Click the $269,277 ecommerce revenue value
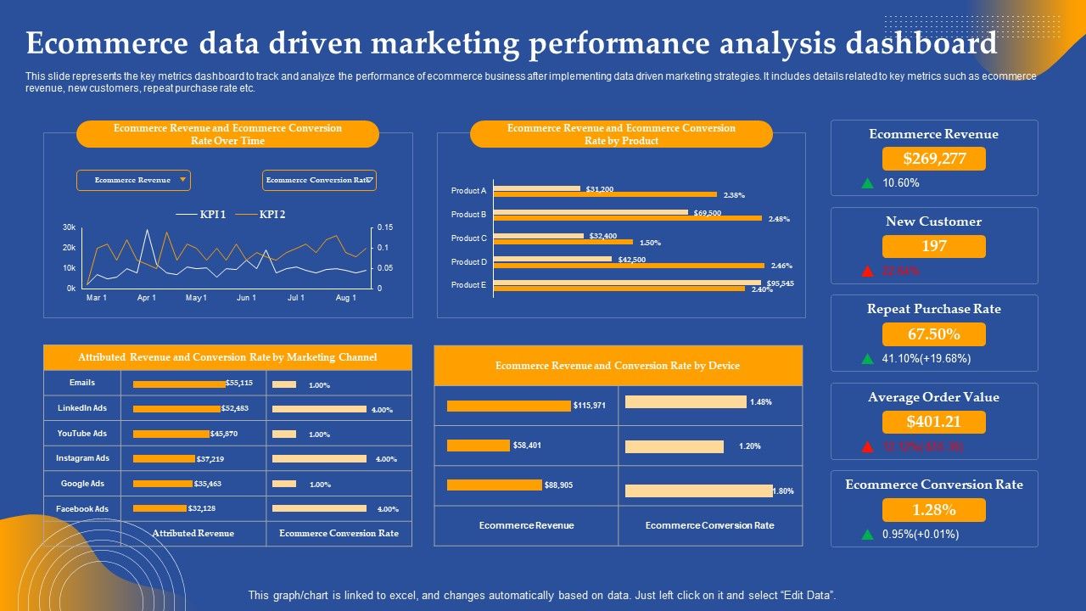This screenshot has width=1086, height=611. tap(933, 159)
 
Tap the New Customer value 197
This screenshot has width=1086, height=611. tap(933, 246)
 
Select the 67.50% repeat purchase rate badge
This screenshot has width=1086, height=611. tap(933, 334)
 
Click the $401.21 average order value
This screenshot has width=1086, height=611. tap(933, 422)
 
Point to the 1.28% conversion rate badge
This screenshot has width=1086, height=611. tap(933, 510)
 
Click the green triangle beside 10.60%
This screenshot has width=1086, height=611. tap(867, 183)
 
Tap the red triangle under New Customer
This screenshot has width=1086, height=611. tap(867, 272)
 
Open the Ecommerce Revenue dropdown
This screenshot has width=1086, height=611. tap(133, 180)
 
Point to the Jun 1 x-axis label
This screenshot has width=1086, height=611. tap(246, 298)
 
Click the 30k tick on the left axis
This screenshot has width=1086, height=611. tap(69, 227)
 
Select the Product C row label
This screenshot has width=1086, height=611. tap(468, 238)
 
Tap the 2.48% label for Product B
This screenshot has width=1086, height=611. tap(779, 219)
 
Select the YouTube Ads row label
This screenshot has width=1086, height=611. tap(82, 434)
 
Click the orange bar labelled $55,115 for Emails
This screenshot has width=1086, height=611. tap(179, 384)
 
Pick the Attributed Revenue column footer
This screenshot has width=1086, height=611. tap(193, 533)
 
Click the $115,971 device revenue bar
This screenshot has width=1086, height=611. tap(508, 406)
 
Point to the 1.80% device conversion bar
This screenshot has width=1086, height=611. tap(698, 490)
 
